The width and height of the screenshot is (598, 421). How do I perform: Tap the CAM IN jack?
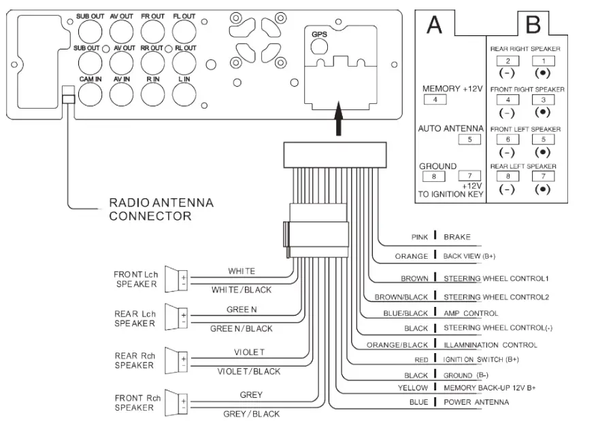point(90,93)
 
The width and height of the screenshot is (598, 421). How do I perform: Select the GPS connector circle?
point(319,45)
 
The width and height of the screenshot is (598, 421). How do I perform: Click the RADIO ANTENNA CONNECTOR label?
point(161,209)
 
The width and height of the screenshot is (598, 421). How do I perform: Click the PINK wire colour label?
point(419,238)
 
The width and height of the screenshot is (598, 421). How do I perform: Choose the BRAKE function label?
point(457,238)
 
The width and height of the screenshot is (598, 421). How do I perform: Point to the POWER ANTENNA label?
point(476,402)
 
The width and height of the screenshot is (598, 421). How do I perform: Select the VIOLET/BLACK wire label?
point(248,371)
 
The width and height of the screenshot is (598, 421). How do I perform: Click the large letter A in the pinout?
point(434,25)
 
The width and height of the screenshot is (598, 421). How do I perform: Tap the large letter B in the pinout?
point(533,25)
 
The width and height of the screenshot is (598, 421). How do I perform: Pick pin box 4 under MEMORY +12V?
point(434,100)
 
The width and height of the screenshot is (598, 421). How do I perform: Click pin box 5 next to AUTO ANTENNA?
point(469,139)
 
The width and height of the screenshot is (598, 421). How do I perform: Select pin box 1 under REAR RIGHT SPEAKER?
point(542,61)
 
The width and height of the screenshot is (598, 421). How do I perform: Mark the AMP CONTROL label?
point(471,313)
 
